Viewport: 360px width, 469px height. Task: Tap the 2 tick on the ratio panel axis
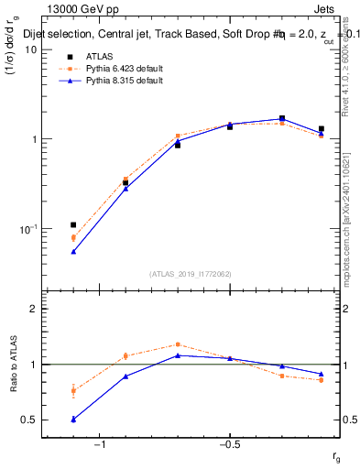coord(33,309)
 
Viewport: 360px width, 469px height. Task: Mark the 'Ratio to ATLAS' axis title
coord(12,365)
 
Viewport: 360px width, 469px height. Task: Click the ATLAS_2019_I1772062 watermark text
coord(191,273)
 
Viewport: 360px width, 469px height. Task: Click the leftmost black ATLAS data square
coord(73,224)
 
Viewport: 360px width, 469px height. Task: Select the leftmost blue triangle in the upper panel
coord(73,251)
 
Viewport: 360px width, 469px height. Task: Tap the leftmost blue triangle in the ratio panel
coord(73,419)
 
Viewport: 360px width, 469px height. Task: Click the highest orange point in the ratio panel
coord(178,344)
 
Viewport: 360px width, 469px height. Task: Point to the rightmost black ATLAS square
coord(321,129)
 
